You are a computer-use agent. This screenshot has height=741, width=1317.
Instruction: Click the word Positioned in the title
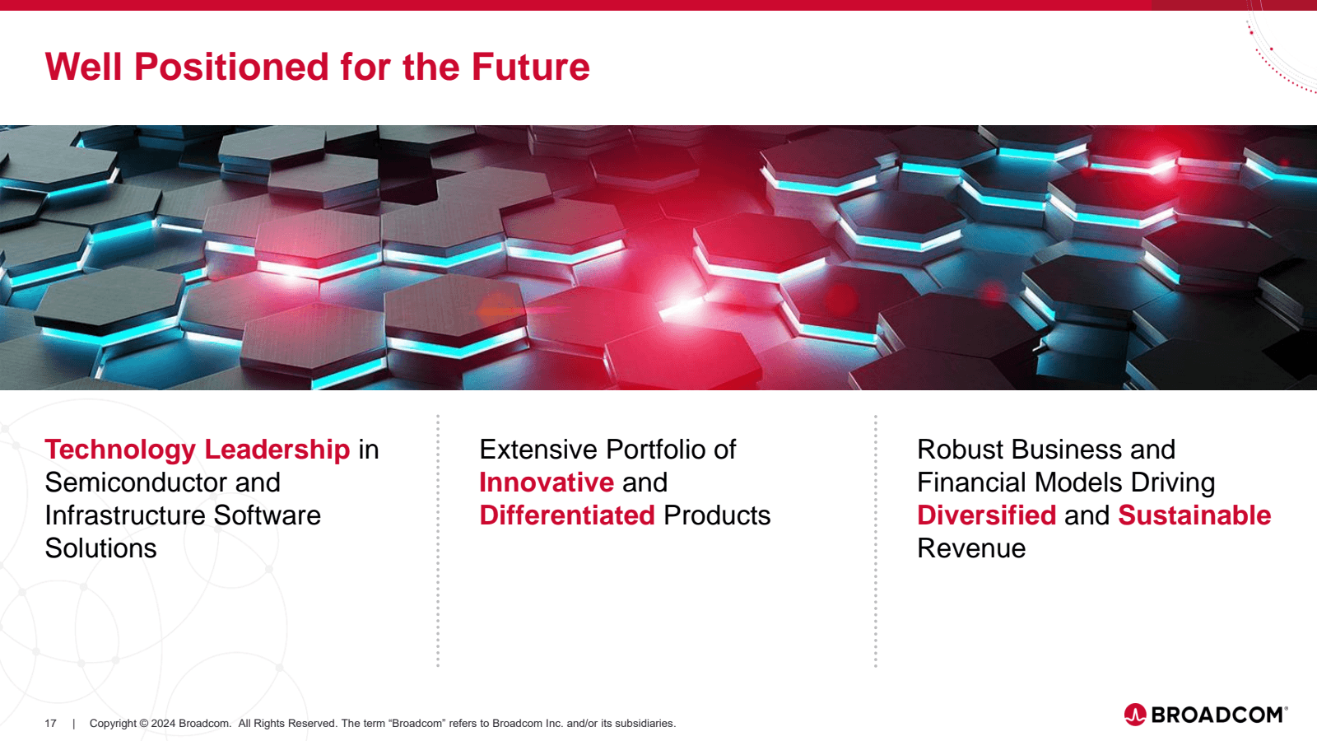pos(232,67)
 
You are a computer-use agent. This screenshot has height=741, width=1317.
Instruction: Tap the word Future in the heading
pos(530,67)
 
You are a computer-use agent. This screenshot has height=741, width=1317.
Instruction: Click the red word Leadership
pos(277,450)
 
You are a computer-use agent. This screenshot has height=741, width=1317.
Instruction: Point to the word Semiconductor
pos(136,482)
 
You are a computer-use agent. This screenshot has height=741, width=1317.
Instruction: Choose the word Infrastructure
pos(124,515)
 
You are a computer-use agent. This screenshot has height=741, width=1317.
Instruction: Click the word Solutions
pos(100,548)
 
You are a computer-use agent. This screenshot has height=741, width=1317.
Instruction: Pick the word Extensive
pos(538,450)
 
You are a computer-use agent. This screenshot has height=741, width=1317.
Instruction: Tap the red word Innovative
pos(547,482)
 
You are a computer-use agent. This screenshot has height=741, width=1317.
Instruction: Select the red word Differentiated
pos(567,515)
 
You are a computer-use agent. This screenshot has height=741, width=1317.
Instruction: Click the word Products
pos(717,515)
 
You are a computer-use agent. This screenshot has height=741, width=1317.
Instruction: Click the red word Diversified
pos(987,515)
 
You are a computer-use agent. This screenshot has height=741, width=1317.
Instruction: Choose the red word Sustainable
pos(1194,515)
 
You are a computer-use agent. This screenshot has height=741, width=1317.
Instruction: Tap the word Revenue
pos(971,548)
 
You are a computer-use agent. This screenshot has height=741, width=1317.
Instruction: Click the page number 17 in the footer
pos(50,724)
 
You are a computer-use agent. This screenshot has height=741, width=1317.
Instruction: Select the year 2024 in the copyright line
pos(163,724)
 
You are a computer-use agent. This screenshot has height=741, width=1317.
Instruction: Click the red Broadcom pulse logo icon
pos(1135,715)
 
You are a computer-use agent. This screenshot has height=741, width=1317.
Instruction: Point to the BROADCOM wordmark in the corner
pos(1219,715)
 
